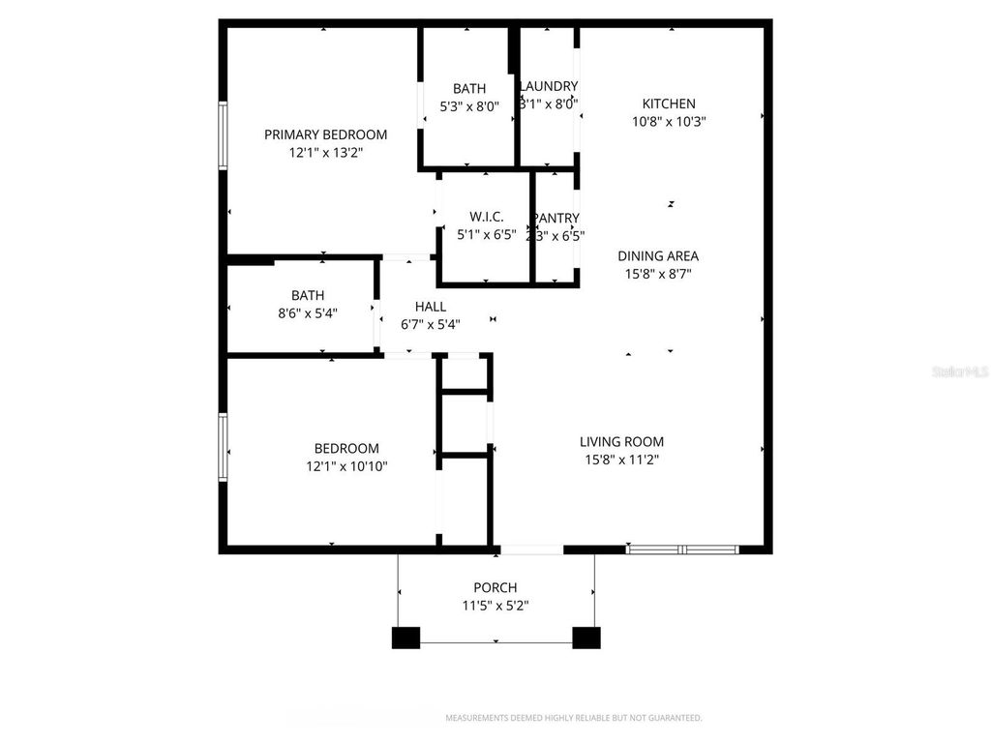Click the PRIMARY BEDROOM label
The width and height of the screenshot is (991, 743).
pyautogui.click(x=325, y=134)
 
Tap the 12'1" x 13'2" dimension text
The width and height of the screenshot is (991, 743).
pyautogui.click(x=325, y=152)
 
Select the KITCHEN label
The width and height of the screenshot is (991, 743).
pyautogui.click(x=669, y=104)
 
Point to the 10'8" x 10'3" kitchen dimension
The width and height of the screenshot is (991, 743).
pyautogui.click(x=669, y=122)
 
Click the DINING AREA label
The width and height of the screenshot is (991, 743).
pyautogui.click(x=658, y=256)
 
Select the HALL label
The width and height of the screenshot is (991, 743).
pyautogui.click(x=430, y=307)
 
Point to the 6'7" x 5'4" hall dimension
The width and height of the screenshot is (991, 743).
pyautogui.click(x=430, y=325)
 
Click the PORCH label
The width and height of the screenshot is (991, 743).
pyautogui.click(x=495, y=587)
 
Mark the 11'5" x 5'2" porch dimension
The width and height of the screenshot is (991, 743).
pyautogui.click(x=495, y=606)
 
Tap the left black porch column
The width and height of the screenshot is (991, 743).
pyautogui.click(x=406, y=638)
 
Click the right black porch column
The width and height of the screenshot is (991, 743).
pyautogui.click(x=586, y=638)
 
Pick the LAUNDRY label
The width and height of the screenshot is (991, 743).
pyautogui.click(x=549, y=86)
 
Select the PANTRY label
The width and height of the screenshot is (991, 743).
pyautogui.click(x=556, y=219)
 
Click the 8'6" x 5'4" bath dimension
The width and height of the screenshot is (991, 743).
pyautogui.click(x=308, y=312)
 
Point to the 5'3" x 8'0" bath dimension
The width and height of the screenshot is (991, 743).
pyautogui.click(x=469, y=106)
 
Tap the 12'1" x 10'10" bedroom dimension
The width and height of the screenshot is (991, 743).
pyautogui.click(x=346, y=466)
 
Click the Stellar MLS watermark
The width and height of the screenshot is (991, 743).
pyautogui.click(x=960, y=371)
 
